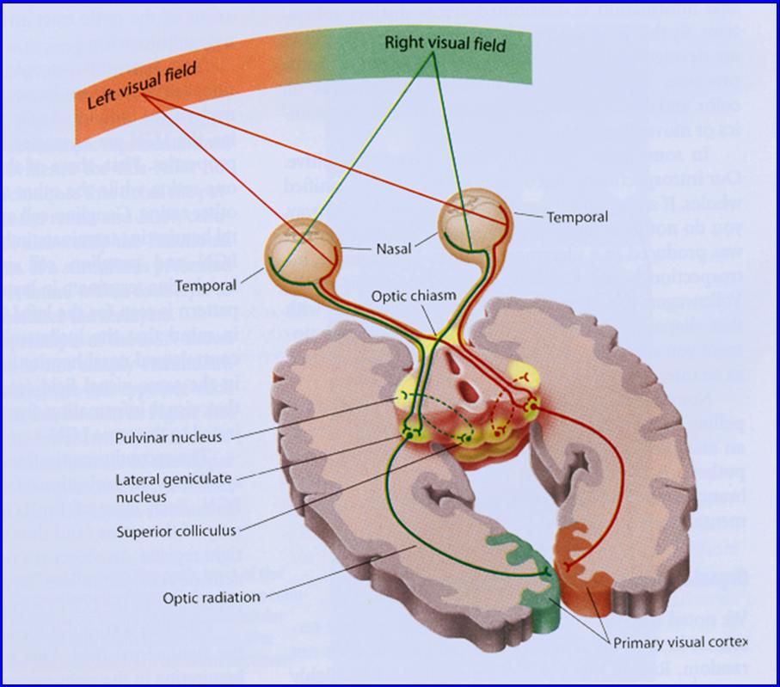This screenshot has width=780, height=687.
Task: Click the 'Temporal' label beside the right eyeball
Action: coord(577,218)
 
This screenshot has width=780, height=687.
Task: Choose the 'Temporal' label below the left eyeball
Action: coord(206,283)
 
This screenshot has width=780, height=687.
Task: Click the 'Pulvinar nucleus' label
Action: coord(169,437)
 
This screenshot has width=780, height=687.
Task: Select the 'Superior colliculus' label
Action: coord(175,531)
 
